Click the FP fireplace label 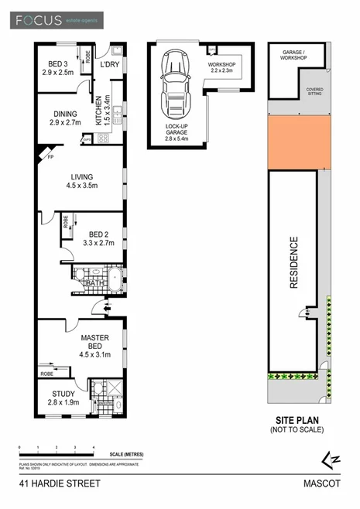pyautogui.click(x=48, y=158)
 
